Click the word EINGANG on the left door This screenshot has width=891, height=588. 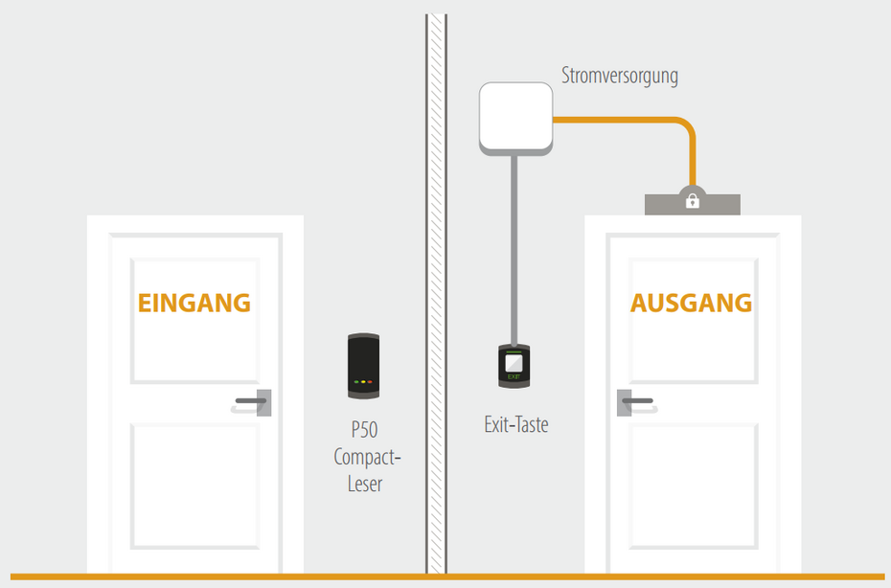(x=194, y=303)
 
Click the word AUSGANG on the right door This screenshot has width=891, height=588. (x=691, y=303)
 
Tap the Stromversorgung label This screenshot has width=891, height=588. (x=620, y=76)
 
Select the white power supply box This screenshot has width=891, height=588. (x=516, y=118)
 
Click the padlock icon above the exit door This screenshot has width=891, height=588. (x=692, y=199)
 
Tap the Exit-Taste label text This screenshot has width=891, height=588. (x=516, y=424)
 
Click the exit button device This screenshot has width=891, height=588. (x=516, y=365)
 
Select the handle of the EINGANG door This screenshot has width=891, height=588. (x=251, y=400)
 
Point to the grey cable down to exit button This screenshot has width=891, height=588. (x=516, y=249)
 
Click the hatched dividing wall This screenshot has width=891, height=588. (x=436, y=287)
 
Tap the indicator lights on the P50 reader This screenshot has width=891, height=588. (x=364, y=382)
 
